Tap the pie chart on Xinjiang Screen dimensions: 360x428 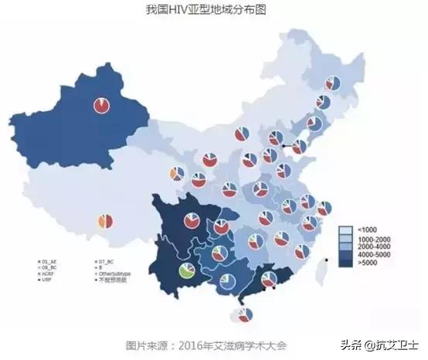101,105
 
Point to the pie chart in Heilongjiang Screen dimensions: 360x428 333,83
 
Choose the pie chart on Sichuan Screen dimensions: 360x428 192,221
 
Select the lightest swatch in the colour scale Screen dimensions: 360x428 346,230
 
